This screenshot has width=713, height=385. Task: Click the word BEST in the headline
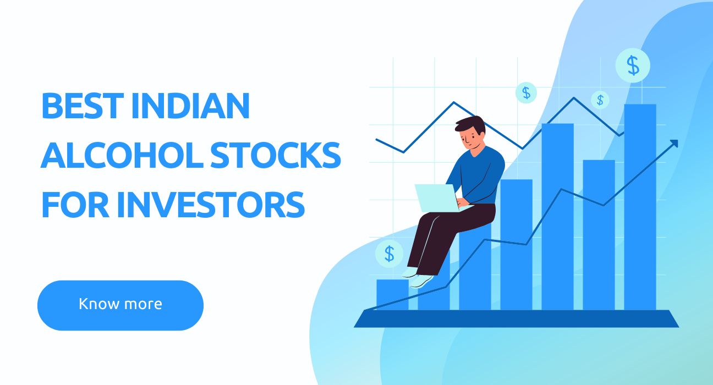tap(83, 106)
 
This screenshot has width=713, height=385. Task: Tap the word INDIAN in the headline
tap(190, 106)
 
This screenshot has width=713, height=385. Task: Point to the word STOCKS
tap(276, 155)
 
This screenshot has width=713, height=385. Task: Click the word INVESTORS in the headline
tap(211, 204)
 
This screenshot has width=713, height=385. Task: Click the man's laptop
tap(441, 198)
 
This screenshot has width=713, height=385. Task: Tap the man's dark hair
tap(470, 125)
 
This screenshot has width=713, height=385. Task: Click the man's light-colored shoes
tap(419, 278)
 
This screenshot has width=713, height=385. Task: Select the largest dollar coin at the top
tap(633, 65)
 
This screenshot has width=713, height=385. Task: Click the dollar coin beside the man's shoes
tap(390, 254)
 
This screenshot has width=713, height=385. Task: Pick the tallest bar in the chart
tap(640, 207)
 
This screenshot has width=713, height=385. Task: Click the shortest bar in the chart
tap(392, 295)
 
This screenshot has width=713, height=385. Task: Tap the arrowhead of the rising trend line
tap(674, 144)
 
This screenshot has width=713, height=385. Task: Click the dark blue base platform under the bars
tap(516, 318)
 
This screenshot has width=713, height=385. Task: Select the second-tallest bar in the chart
tap(557, 217)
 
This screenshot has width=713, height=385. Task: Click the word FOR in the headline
tap(75, 204)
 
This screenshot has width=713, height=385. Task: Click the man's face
tap(470, 139)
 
